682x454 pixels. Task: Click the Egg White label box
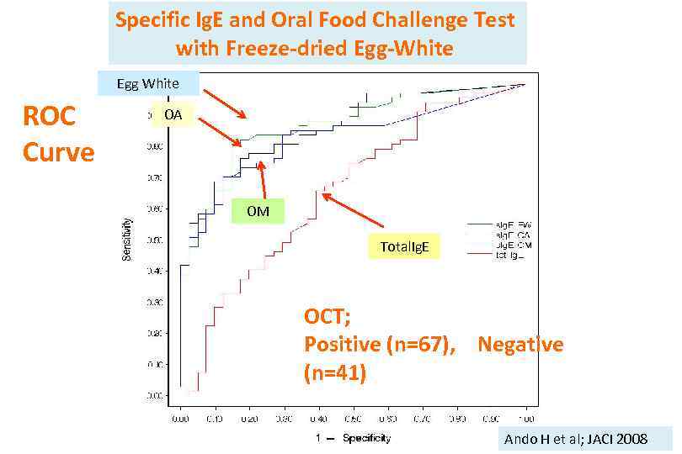[148, 83]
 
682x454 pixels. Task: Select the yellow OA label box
[172, 113]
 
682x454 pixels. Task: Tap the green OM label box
[258, 211]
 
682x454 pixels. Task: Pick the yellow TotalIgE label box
[404, 247]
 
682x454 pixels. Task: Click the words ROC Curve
[57, 135]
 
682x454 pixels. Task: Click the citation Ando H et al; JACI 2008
[576, 439]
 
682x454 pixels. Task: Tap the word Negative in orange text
[520, 345]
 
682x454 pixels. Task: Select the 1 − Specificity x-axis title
[354, 438]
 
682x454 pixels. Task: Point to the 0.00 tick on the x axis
[180, 416]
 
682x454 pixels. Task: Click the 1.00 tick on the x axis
[525, 416]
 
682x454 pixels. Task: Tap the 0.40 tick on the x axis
[318, 416]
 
